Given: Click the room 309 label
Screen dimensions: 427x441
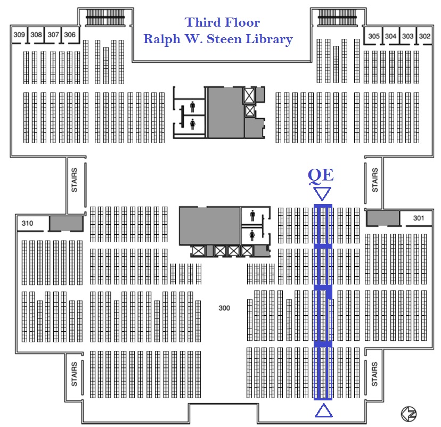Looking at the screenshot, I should tap(19, 35).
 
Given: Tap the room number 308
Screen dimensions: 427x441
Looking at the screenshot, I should tap(36, 35).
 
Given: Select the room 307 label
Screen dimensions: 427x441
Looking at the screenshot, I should tap(53, 35).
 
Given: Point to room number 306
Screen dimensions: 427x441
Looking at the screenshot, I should tap(70, 35).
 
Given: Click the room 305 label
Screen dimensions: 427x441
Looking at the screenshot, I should tap(374, 36).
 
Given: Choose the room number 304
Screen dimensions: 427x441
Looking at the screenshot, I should tap(391, 36).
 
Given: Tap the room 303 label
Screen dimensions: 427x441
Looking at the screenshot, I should tap(408, 36).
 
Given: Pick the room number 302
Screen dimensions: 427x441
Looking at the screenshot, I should tap(424, 36).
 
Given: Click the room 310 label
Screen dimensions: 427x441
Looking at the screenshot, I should tap(28, 224).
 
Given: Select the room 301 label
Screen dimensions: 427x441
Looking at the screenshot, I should tap(419, 218).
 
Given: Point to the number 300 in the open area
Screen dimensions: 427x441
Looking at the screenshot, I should tap(224, 308).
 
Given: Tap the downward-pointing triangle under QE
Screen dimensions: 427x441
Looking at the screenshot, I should tap(323, 193).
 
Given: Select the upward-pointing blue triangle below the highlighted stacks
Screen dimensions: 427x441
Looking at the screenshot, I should tap(323, 410).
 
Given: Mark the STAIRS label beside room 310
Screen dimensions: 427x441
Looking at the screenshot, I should tap(74, 180).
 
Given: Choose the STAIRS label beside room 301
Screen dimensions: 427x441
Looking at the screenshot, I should tap(375, 180).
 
